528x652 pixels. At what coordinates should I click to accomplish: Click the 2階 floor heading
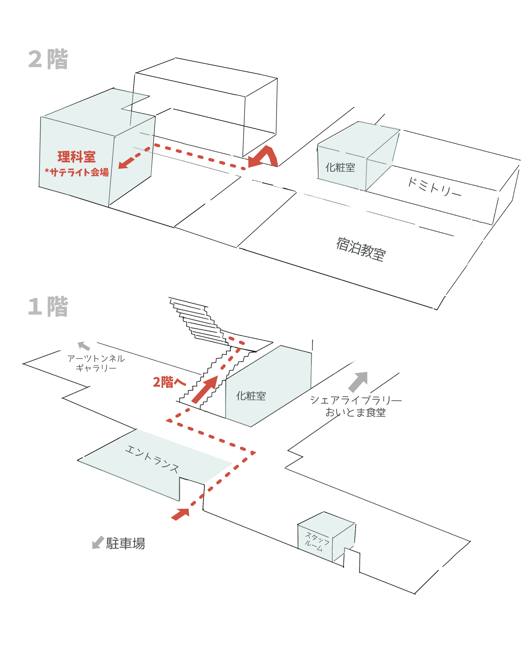click(48, 59)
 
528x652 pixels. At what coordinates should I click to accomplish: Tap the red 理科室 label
click(77, 157)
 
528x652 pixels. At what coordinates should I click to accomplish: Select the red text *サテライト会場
click(77, 172)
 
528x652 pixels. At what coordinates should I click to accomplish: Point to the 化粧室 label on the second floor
click(340, 167)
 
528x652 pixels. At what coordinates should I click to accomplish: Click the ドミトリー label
click(434, 187)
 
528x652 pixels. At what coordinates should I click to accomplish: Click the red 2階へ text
click(169, 382)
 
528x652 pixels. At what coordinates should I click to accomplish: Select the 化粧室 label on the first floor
click(251, 396)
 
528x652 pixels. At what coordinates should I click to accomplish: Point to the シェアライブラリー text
click(356, 400)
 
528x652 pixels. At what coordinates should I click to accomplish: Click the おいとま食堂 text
click(355, 412)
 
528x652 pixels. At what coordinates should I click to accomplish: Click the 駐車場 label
click(125, 543)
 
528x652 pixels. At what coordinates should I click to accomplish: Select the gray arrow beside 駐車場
click(98, 542)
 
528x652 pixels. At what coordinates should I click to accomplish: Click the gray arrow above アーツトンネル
click(84, 346)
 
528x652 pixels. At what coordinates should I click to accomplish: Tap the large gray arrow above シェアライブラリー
click(358, 382)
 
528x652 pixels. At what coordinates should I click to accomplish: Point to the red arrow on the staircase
click(205, 389)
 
